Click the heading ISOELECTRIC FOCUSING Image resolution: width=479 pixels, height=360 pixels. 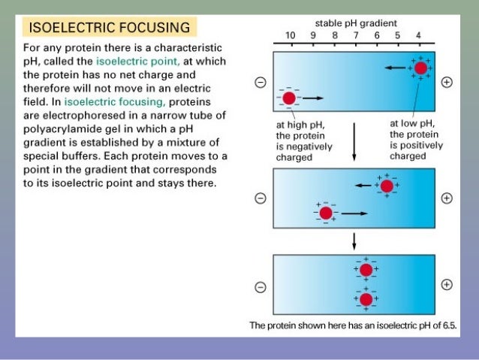(110, 29)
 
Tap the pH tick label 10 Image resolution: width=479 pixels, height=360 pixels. (290, 35)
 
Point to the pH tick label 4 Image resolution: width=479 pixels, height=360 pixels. (419, 35)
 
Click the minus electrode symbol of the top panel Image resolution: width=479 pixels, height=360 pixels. (261, 83)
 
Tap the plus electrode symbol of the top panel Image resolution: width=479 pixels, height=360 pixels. (447, 83)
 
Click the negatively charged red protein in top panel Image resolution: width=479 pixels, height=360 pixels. (288, 98)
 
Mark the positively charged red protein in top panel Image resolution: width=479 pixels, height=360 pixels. (420, 68)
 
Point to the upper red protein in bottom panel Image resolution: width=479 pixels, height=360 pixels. (366, 270)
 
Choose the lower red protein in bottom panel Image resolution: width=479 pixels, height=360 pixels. (366, 299)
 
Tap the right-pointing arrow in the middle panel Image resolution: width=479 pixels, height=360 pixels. (354, 213)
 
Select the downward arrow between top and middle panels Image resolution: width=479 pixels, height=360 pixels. (354, 147)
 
